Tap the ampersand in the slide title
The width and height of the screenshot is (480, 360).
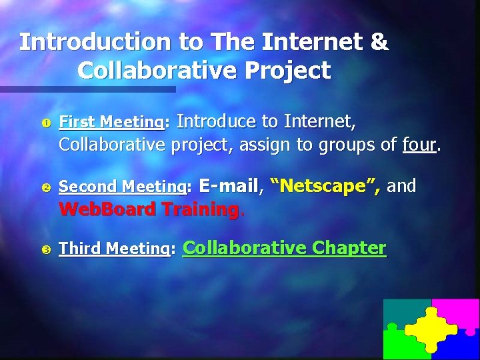tap(378, 42)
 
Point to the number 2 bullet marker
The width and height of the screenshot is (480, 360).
tap(46, 187)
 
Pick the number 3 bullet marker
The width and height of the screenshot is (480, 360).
tap(46, 250)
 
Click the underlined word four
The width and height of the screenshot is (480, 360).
tap(419, 144)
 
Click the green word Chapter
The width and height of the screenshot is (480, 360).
tap(349, 248)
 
